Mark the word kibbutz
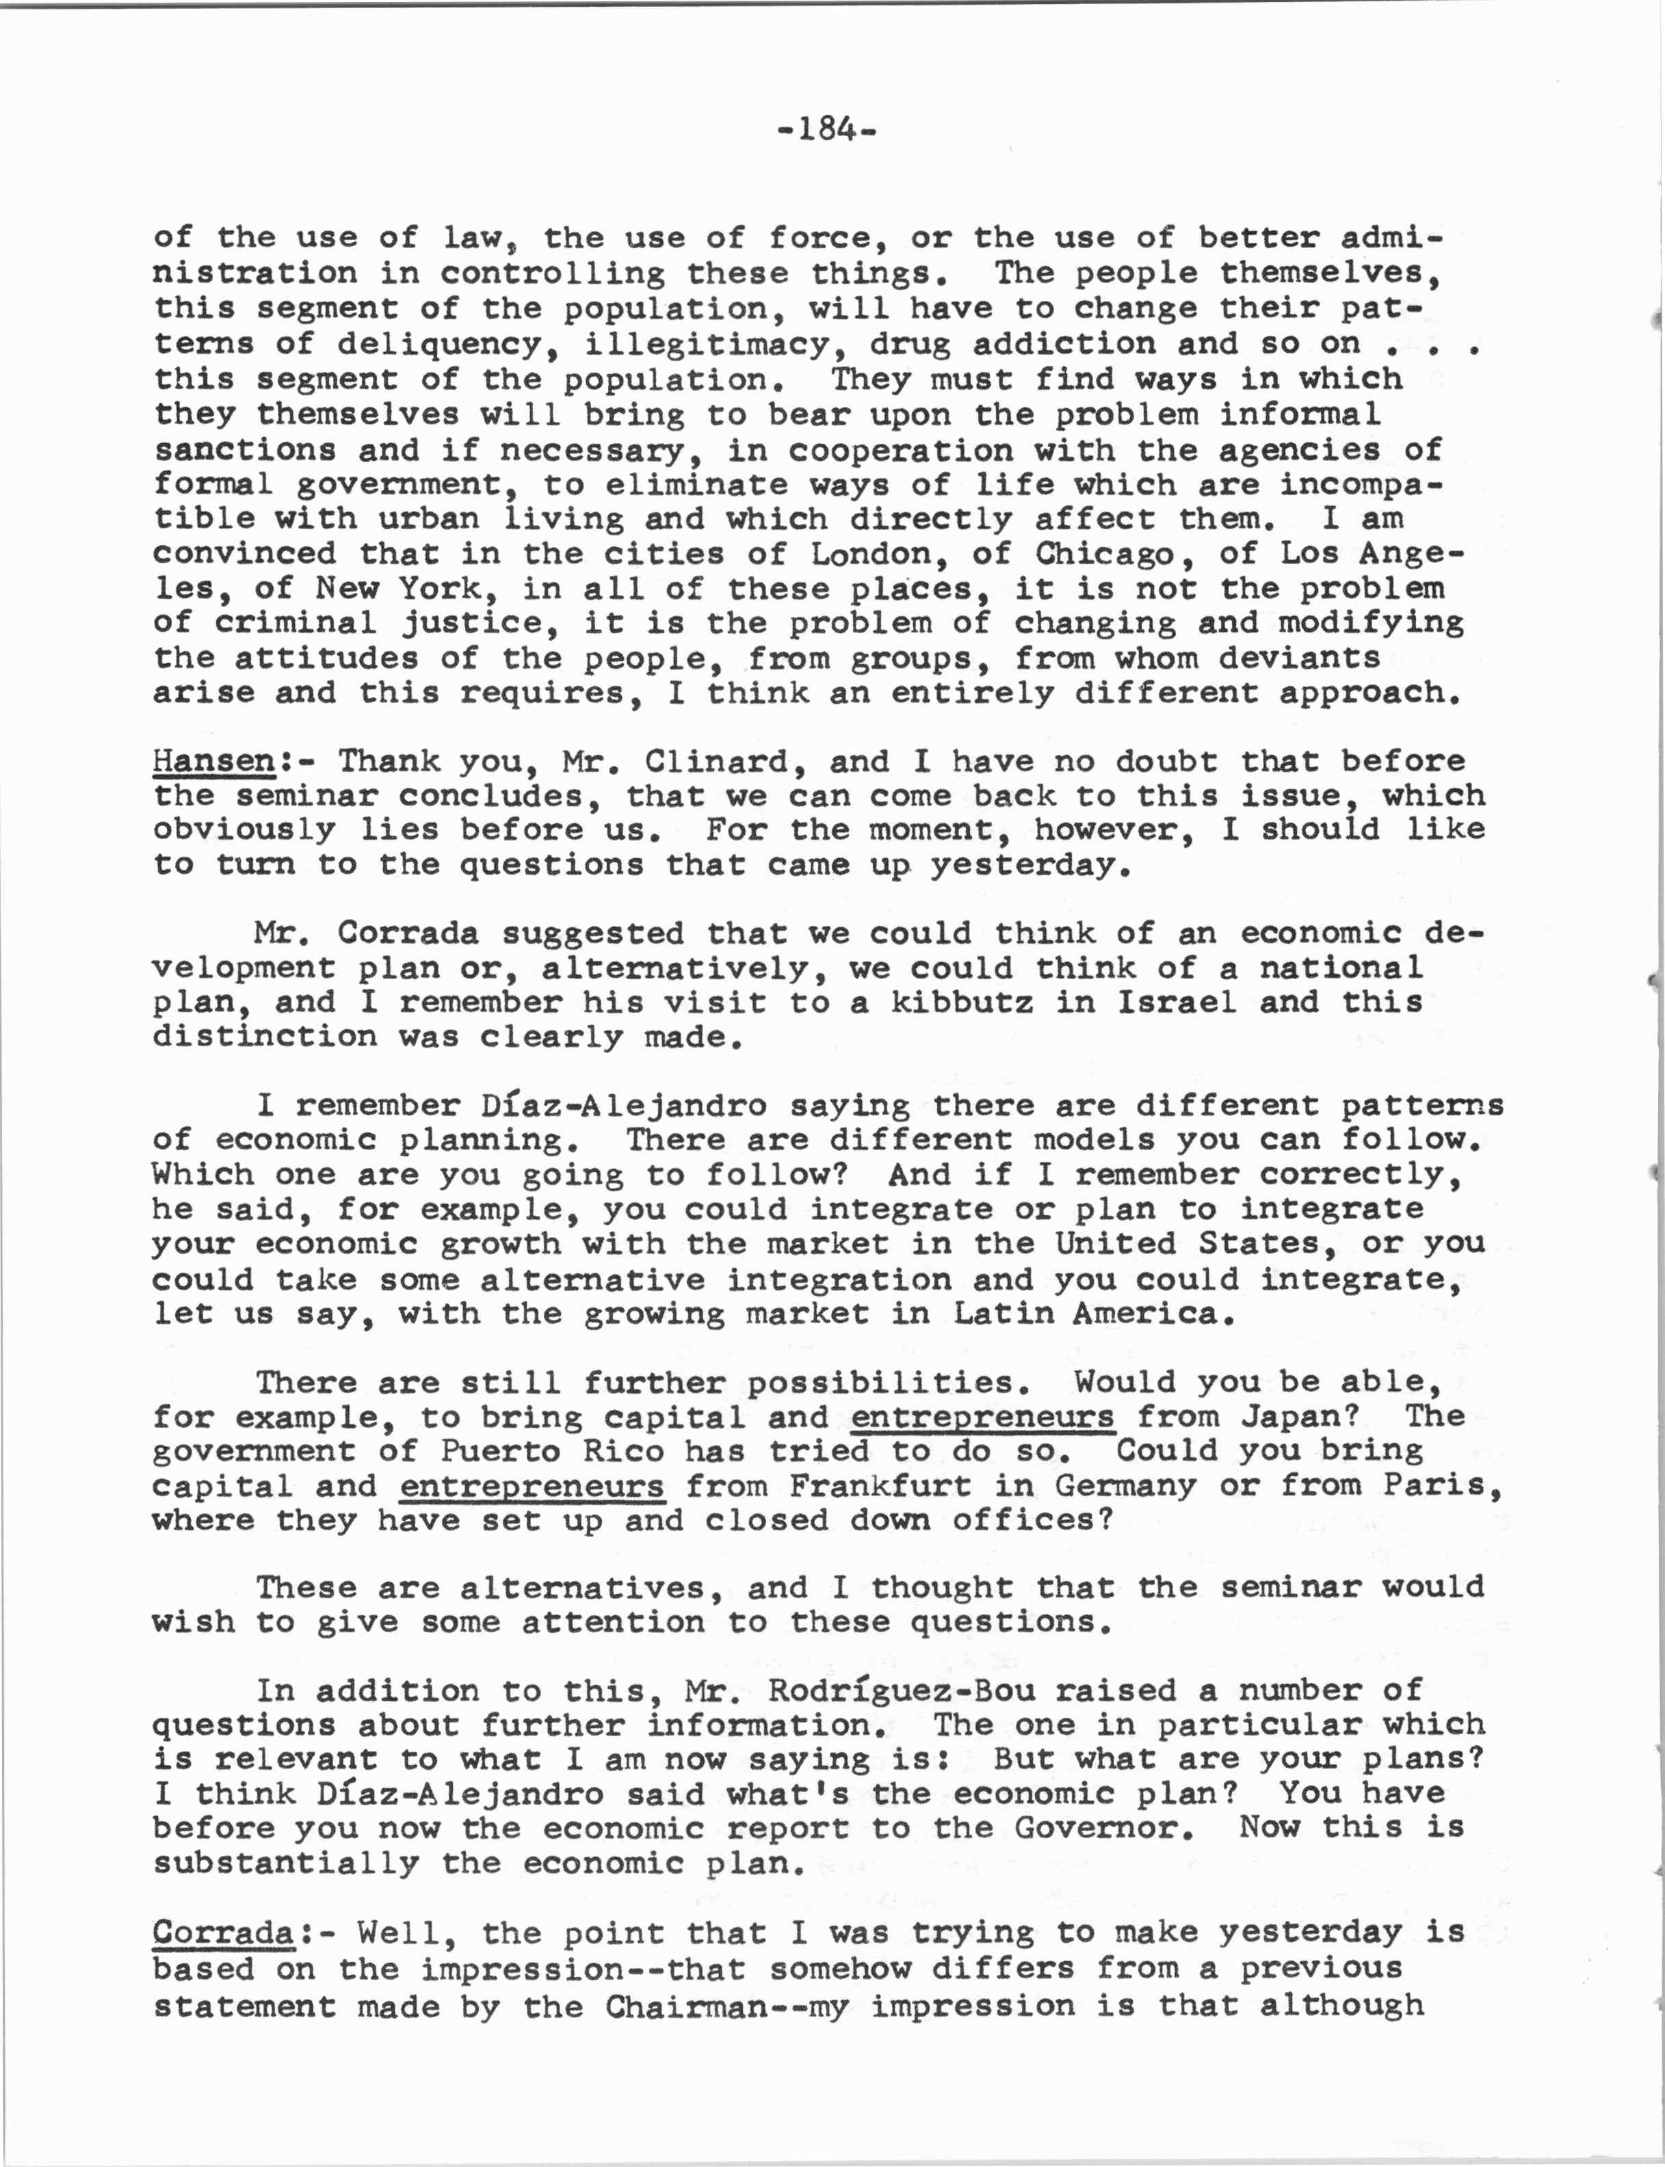960,1001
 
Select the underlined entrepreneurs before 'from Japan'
982,1416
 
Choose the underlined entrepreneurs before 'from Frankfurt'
532,1485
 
